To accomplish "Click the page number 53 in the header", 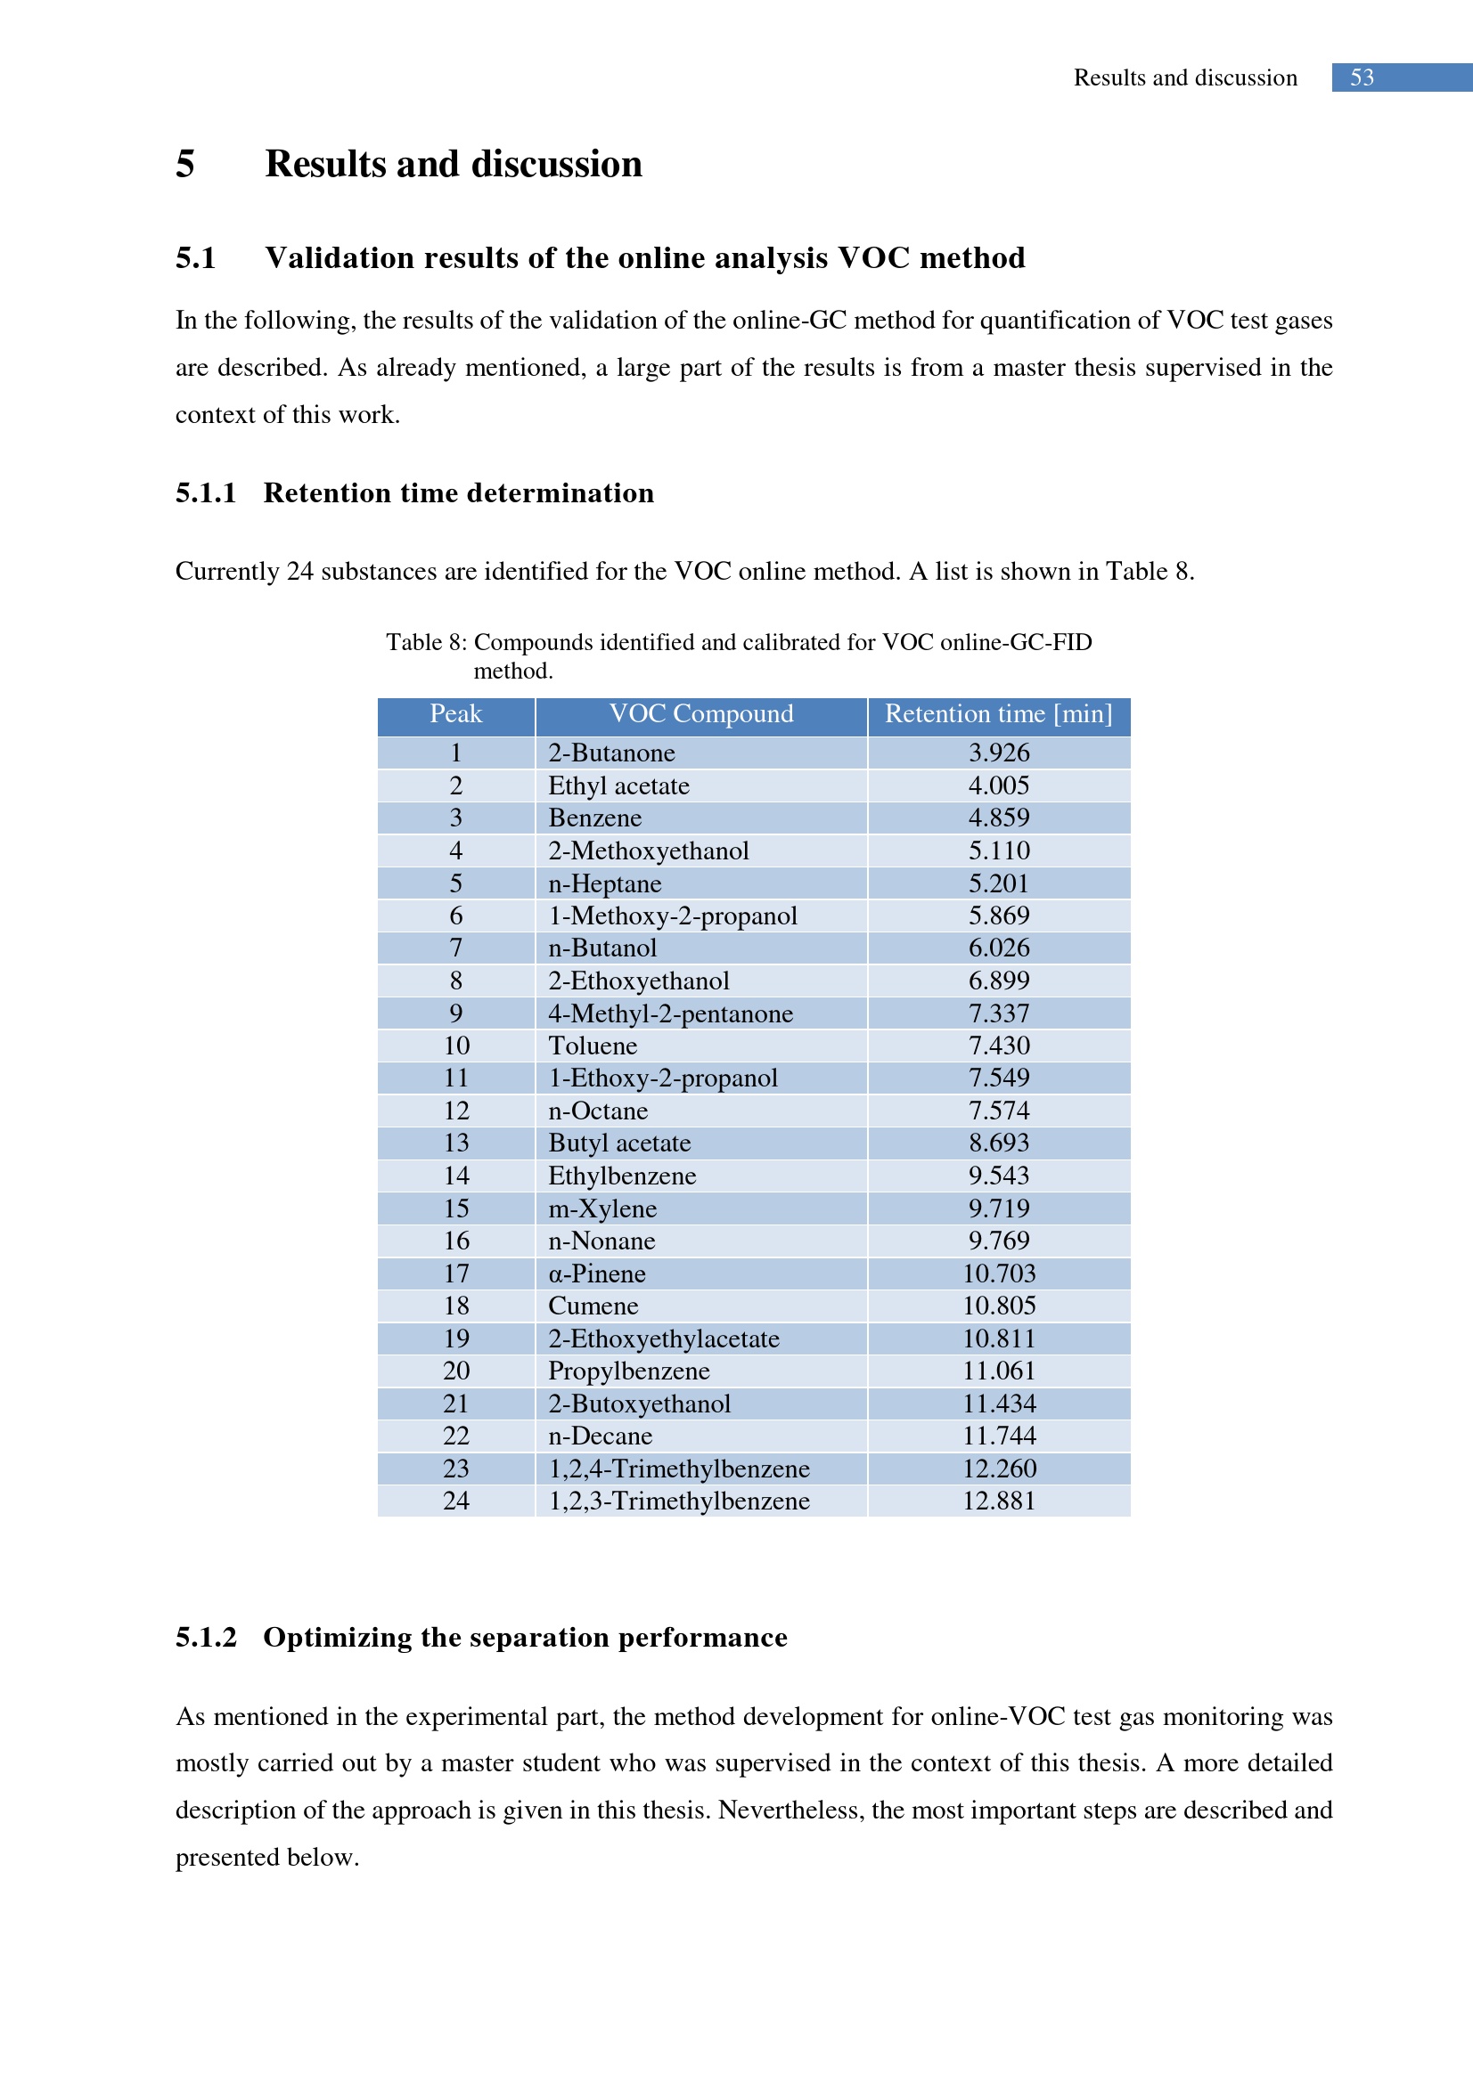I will coord(1362,78).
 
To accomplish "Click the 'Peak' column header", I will coord(455,715).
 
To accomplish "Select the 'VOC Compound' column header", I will coord(700,715).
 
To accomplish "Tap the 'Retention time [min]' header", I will coord(998,715).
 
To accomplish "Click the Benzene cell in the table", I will coord(595,818).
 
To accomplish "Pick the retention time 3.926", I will coord(998,753).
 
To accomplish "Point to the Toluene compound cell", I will coord(593,1046).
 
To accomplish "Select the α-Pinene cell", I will coord(597,1273).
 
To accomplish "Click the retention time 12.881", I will coord(998,1501).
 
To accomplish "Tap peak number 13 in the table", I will coord(455,1143).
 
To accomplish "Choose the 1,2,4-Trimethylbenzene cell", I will coord(679,1469).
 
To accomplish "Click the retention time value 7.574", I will coord(998,1111).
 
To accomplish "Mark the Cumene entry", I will coord(593,1306).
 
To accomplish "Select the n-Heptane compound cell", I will coord(604,883).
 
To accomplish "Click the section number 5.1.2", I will coord(206,1638).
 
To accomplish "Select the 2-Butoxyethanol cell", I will coord(639,1404).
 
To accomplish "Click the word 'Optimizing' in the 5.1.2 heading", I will coord(334,1638).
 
